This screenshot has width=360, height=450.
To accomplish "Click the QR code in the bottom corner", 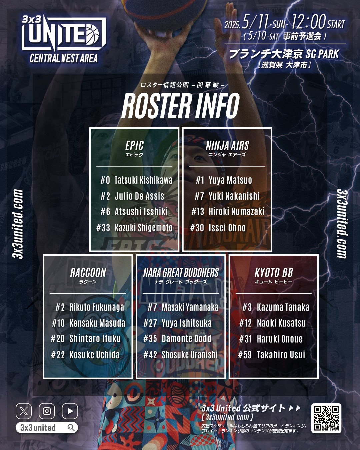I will click(x=326, y=418).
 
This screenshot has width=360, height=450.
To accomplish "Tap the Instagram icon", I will click(x=47, y=411).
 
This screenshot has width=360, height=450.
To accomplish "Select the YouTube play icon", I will click(x=70, y=411).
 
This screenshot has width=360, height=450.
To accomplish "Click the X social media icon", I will click(x=24, y=411).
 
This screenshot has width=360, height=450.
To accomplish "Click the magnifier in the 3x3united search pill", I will click(x=71, y=427).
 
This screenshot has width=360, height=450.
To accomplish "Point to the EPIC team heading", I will click(x=134, y=146).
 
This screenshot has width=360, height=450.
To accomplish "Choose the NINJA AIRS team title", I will click(x=227, y=146).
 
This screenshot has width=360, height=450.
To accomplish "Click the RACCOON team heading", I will click(x=88, y=273).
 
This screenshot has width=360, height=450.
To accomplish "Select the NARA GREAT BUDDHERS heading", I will click(x=181, y=273).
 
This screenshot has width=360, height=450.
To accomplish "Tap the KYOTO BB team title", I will click(x=274, y=273).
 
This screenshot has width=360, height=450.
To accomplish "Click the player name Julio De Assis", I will click(x=139, y=196).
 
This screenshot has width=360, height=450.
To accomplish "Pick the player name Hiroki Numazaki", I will click(x=236, y=212).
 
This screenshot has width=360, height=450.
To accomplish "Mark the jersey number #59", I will click(x=245, y=355).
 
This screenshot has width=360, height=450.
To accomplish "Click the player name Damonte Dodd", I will click(x=186, y=339).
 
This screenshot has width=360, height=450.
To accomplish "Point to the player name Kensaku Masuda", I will click(x=97, y=323).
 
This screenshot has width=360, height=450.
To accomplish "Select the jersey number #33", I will click(x=103, y=228).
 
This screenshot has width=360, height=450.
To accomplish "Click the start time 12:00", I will click(x=308, y=22).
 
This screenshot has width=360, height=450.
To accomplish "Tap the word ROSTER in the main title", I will click(x=157, y=106).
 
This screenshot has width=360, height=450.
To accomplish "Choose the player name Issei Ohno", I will click(x=227, y=228).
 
